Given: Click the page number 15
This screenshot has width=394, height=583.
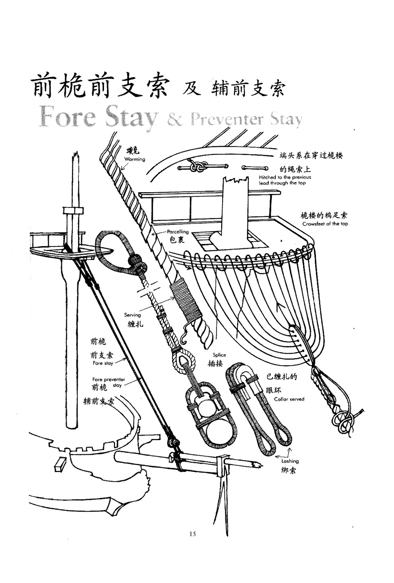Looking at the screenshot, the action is (193, 534).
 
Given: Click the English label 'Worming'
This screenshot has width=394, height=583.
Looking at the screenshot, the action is (135, 159).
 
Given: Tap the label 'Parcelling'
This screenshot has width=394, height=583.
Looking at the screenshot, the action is (178, 232).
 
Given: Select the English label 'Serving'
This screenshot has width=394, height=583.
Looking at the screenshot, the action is (132, 315).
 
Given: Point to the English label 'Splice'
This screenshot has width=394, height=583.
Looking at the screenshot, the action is (219, 355).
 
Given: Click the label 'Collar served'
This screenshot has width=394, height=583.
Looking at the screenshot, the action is (289, 399).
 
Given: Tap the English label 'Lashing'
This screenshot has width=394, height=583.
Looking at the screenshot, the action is (290, 461).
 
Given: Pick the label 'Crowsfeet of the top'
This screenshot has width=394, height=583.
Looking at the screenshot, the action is (325, 224).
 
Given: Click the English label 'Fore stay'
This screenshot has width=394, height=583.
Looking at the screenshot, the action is (103, 363).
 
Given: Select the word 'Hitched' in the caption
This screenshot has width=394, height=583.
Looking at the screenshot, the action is (267, 177).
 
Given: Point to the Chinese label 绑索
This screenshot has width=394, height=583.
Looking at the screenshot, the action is (289, 470).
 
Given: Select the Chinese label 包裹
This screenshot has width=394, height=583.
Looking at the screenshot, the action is (177, 240).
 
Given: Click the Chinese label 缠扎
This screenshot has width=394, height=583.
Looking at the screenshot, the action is (136, 324).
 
